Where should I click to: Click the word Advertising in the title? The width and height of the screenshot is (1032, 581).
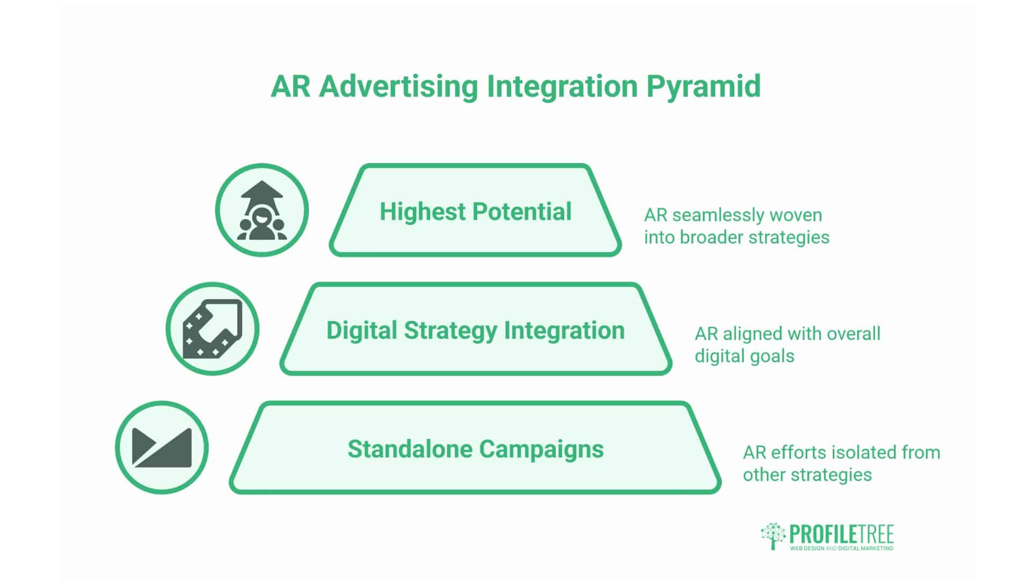[398, 86]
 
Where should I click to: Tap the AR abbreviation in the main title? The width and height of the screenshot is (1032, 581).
[290, 86]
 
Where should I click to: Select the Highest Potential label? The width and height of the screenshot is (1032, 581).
[475, 211]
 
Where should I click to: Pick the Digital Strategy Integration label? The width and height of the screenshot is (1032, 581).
[475, 330]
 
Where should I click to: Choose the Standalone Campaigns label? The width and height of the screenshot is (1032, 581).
[475, 449]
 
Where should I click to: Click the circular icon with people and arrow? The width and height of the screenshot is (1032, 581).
[262, 210]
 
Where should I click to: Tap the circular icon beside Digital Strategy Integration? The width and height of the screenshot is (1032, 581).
[212, 329]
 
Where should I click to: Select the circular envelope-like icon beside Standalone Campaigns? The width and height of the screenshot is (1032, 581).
[162, 448]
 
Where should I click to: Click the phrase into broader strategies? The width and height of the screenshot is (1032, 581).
[736, 237]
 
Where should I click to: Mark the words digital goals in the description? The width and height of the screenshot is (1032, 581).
[744, 356]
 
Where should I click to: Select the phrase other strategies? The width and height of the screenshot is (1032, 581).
[807, 475]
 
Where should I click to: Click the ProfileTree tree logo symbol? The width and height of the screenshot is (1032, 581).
[773, 535]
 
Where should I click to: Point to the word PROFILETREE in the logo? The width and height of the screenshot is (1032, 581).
[841, 534]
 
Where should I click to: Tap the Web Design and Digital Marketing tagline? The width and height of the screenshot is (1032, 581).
[841, 548]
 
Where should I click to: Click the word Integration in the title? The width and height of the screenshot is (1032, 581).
[562, 86]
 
